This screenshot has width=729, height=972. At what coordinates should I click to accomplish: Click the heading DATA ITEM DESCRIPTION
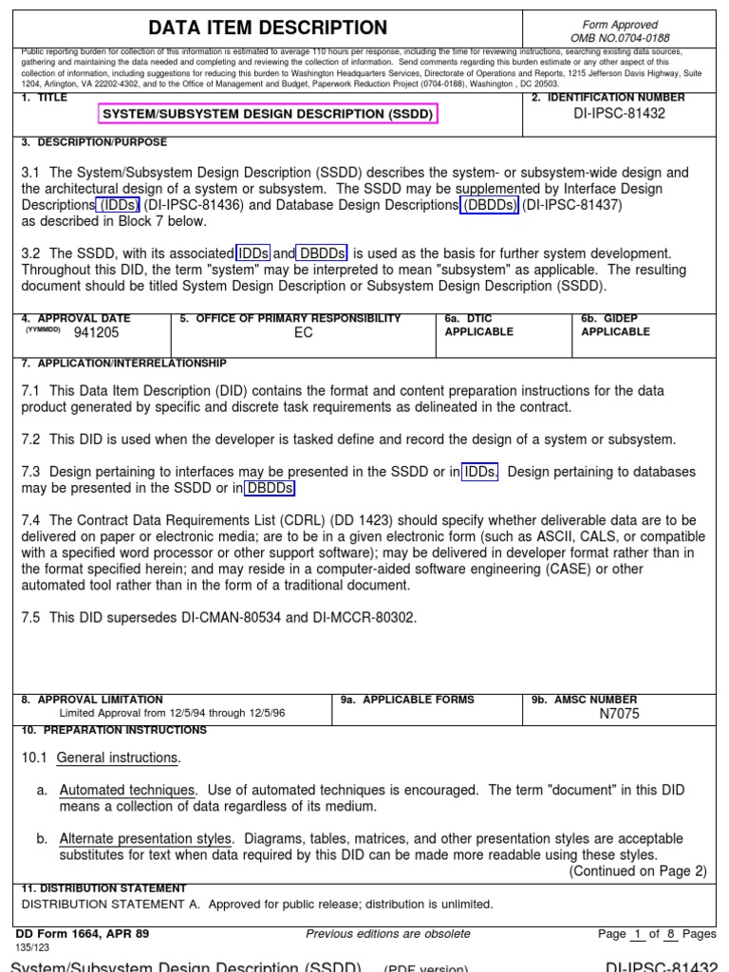[x=268, y=28]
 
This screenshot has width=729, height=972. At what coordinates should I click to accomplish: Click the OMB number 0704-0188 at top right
[x=620, y=38]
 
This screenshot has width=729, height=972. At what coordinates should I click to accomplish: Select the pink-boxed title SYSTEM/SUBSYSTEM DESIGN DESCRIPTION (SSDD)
[x=268, y=114]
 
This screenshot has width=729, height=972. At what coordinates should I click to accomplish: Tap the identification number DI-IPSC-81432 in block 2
[x=620, y=113]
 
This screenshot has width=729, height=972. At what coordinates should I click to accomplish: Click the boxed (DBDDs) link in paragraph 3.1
[x=489, y=205]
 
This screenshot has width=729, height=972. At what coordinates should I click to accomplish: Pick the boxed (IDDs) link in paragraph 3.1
[x=117, y=205]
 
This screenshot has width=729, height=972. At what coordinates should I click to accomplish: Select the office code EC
[x=303, y=333]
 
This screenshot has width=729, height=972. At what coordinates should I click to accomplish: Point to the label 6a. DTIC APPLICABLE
[x=479, y=326]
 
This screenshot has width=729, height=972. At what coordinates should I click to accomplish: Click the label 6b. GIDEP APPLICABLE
[x=615, y=326]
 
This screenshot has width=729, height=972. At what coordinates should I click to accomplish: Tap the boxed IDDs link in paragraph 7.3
[x=480, y=472]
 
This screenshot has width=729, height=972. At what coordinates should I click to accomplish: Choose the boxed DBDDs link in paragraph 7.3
[x=271, y=488]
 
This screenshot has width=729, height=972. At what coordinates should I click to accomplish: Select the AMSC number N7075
[x=620, y=715]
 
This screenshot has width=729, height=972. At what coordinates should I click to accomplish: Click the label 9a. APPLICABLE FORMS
[x=407, y=701]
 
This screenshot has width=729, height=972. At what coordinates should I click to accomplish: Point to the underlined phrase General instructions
[x=117, y=757]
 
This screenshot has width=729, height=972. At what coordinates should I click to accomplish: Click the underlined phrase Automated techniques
[x=128, y=790]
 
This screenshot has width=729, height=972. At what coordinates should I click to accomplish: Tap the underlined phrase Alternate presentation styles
[x=145, y=839]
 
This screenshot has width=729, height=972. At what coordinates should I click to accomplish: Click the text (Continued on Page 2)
[x=638, y=871]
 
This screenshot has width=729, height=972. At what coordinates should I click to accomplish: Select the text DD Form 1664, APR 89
[x=83, y=934]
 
